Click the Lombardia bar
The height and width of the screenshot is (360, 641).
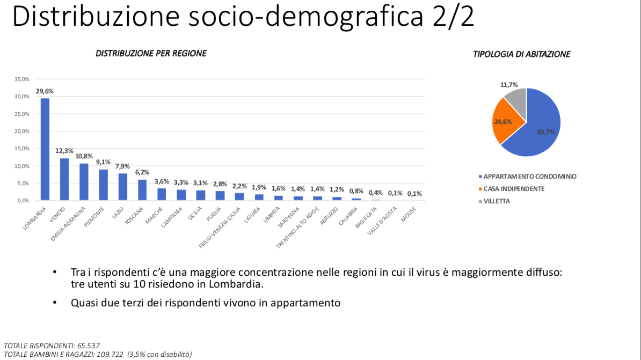click(45, 149)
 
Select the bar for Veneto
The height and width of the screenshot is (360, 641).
click(64, 179)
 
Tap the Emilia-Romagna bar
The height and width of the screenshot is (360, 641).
click(84, 182)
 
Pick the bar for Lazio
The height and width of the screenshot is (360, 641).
click(123, 187)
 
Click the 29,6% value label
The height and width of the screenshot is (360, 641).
click(45, 91)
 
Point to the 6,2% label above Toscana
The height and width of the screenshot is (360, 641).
click(142, 172)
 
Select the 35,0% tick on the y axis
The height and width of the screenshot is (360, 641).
click(22, 79)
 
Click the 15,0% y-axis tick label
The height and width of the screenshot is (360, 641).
click(22, 149)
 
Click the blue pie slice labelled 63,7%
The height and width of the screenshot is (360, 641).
click(540, 129)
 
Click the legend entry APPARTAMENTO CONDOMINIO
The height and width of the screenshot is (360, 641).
click(530, 176)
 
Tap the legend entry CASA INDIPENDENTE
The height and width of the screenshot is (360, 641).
click(514, 189)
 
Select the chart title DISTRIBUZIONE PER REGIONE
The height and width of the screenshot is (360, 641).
click(151, 54)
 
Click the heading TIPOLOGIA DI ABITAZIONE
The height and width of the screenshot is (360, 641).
click(522, 54)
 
